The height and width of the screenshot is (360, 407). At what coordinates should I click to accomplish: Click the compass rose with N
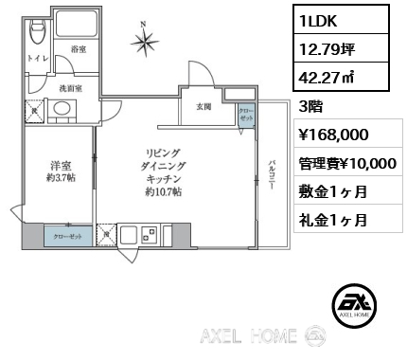click(146, 41)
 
